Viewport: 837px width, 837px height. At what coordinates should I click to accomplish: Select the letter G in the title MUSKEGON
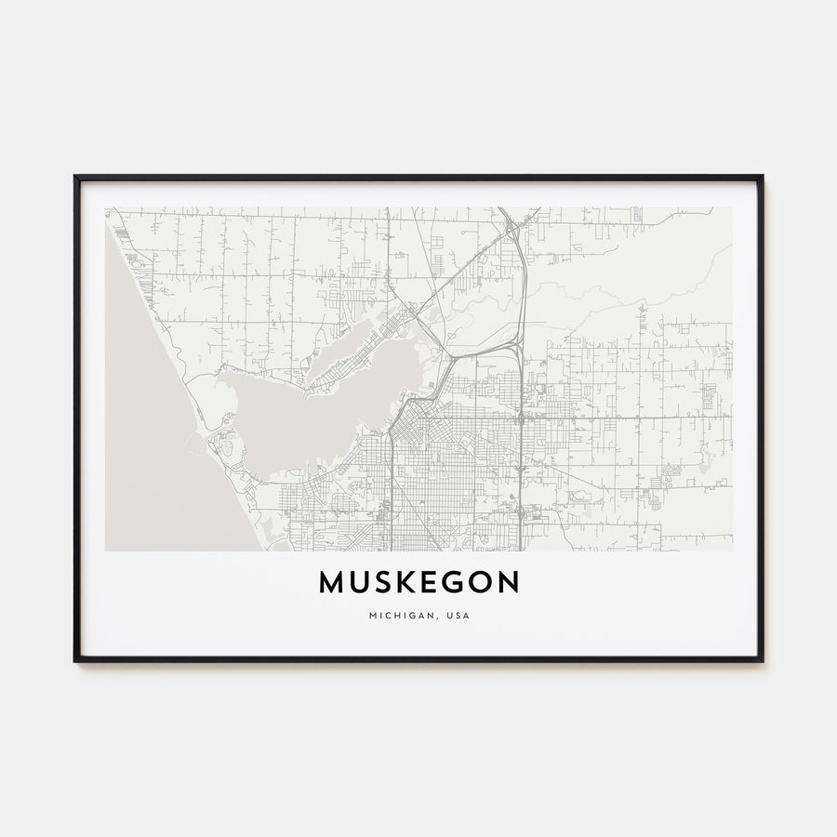(451, 583)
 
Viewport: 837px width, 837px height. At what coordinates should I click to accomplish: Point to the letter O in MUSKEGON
(479, 583)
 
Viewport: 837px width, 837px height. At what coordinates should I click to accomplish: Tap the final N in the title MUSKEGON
(508, 583)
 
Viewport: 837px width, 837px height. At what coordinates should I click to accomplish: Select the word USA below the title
(456, 615)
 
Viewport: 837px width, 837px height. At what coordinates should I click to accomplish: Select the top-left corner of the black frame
(75, 177)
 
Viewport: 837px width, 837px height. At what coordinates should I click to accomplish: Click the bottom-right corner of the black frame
(762, 660)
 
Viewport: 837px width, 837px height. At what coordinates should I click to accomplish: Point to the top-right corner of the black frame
(762, 177)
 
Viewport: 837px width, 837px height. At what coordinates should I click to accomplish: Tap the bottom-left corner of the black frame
(75, 660)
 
